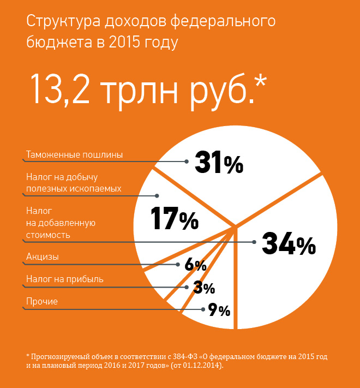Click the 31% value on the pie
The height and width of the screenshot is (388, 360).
tap(218, 162)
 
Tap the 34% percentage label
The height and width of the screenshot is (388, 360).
tap(289, 244)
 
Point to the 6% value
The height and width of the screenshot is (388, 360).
tap(195, 265)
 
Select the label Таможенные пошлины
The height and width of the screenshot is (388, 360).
tap(74, 154)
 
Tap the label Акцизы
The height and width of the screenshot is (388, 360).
tap(43, 256)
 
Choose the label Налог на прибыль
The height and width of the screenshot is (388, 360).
tap(64, 279)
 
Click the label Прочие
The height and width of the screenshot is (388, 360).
tap(42, 302)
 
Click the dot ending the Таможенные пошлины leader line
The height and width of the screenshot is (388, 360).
tap(187, 161)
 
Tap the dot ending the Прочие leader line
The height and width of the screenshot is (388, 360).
tap(202, 309)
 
